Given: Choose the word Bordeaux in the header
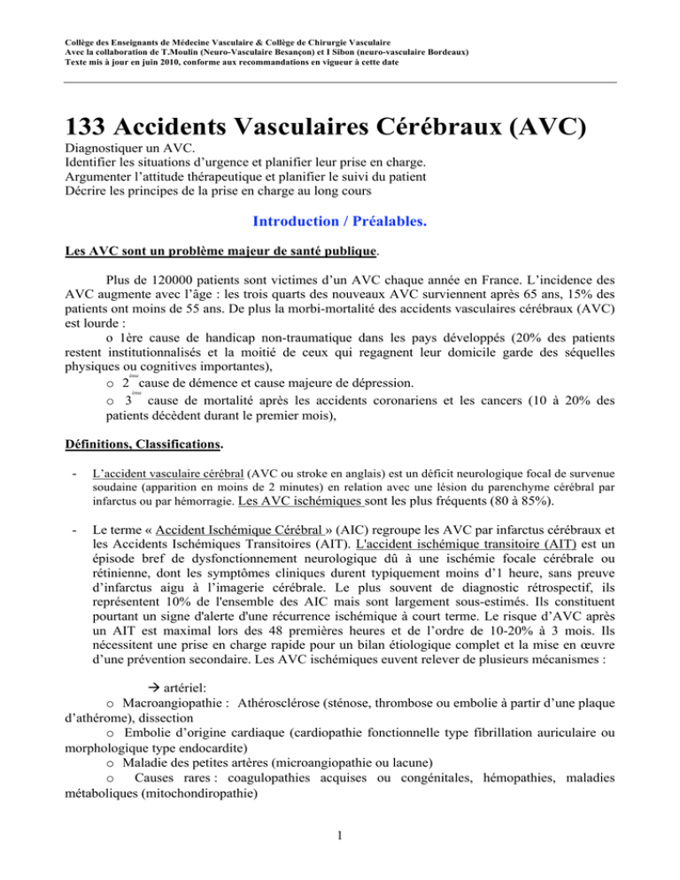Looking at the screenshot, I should pos(439,51).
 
